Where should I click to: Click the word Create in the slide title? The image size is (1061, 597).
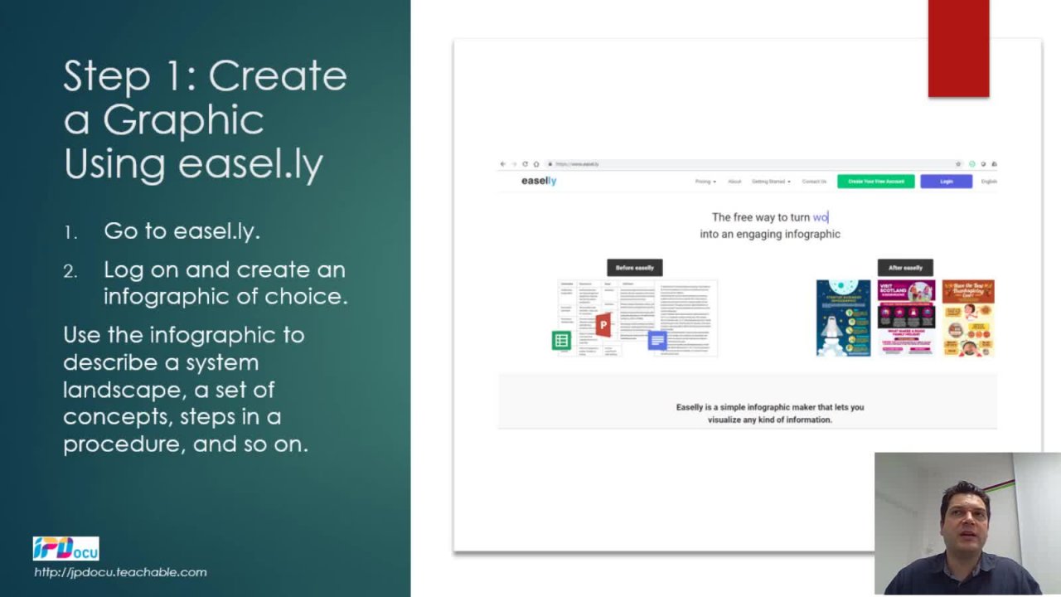pos(278,76)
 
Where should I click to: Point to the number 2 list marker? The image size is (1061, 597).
pos(70,272)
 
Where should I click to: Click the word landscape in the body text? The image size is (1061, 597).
pos(115,390)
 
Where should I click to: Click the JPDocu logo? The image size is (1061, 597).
pos(65,549)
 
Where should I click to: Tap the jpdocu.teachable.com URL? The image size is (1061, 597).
pos(120,572)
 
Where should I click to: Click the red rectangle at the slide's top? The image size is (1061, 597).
pos(958,48)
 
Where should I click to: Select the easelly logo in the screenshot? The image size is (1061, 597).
pos(538,181)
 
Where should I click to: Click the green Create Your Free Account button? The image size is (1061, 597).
pos(875,182)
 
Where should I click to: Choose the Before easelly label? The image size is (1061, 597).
pos(634,268)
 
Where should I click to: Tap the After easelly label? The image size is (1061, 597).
pos(905,268)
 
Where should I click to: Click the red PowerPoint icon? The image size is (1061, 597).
pos(603,324)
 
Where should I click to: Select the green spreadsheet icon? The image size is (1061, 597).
pos(561,340)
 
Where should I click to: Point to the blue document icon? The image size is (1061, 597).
pos(657,340)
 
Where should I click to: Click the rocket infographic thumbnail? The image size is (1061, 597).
pos(843,318)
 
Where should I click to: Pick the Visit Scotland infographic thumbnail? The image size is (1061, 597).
pos(906,318)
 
